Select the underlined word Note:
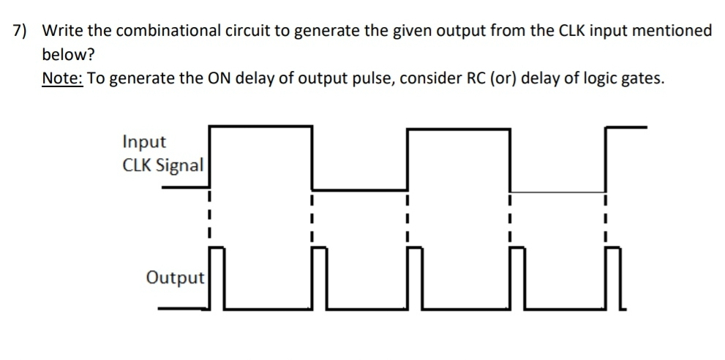pos(63,79)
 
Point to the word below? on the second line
pos(69,55)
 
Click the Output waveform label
pos(175,278)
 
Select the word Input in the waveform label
pos(144,141)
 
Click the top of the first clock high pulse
pos(260,127)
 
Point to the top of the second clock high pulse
pos(458,129)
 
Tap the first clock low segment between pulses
pos(359,190)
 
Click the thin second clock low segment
pos(557,192)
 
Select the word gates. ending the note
pos(642,79)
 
